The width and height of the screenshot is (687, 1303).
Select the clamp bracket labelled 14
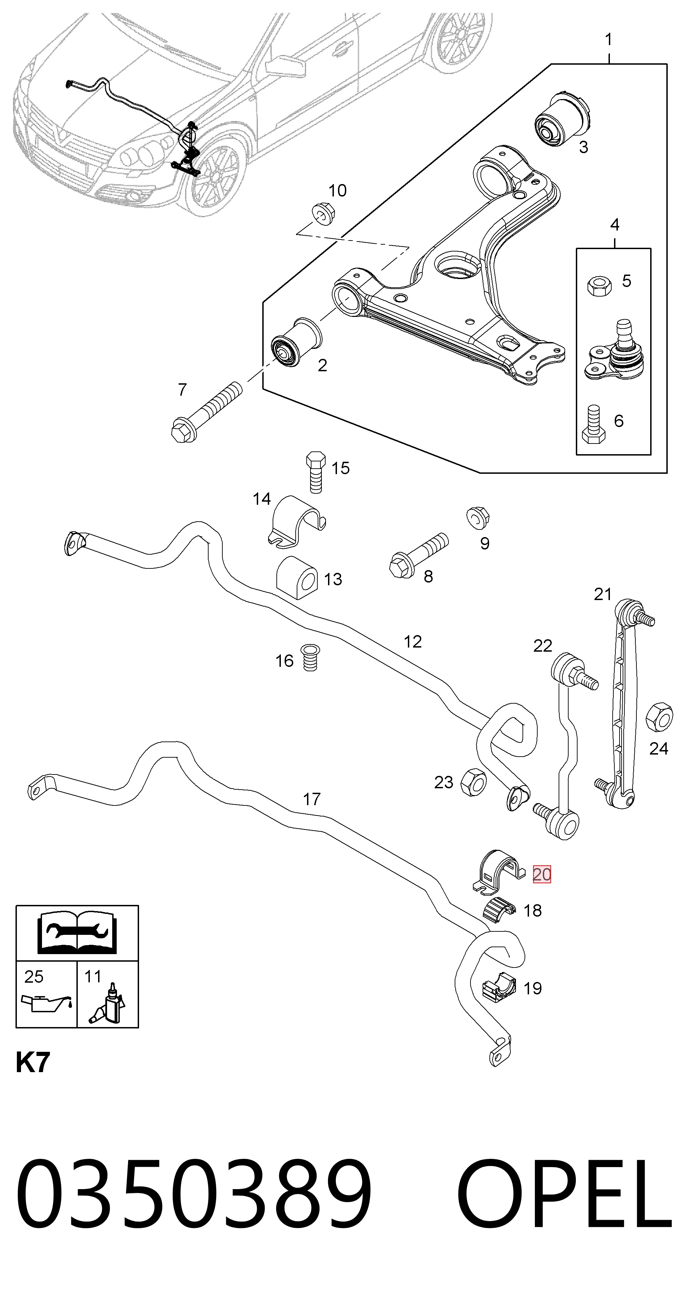[296, 521]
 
